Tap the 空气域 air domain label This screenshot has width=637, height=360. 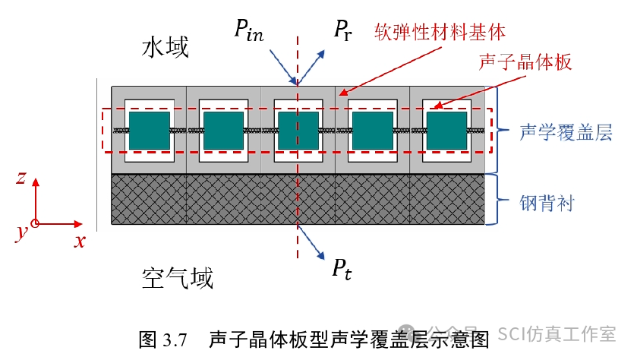coord(178,279)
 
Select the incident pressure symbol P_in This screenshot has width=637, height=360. coord(248,31)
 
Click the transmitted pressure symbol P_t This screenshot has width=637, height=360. coord(341,267)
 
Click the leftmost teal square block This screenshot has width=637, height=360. coord(149,131)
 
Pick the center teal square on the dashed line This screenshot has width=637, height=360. coord(298,131)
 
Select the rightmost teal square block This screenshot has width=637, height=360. coord(446,131)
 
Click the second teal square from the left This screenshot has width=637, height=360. coord(223,131)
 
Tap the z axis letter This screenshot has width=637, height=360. coord(22,178)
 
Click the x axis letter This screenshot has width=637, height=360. coord(79,241)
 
